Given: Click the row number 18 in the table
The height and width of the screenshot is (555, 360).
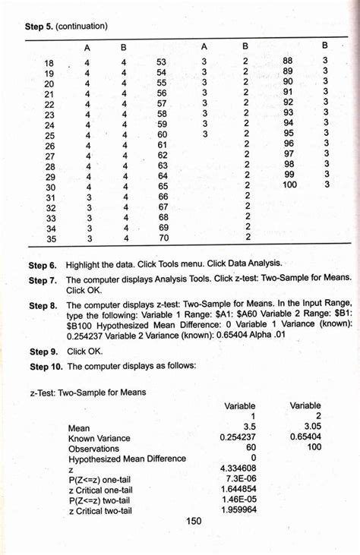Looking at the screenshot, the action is (50, 62).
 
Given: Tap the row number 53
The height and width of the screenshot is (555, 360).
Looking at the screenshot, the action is (162, 61).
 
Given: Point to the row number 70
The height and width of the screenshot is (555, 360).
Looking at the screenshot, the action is (163, 238).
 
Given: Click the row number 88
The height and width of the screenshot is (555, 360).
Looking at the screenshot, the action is (288, 60).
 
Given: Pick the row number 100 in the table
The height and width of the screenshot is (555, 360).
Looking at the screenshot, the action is (290, 184).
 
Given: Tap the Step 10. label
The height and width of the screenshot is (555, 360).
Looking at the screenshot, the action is (46, 366).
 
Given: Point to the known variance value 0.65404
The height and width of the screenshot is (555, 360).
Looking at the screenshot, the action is (303, 437).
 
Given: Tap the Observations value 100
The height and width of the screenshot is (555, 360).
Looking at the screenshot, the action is (312, 448).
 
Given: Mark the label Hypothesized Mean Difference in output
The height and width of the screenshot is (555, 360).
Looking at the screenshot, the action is (127, 459).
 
